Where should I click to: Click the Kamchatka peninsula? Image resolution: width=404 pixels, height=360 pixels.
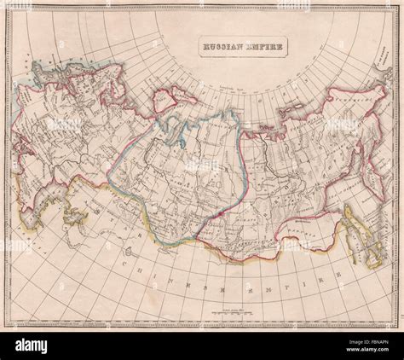pos(375,162)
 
